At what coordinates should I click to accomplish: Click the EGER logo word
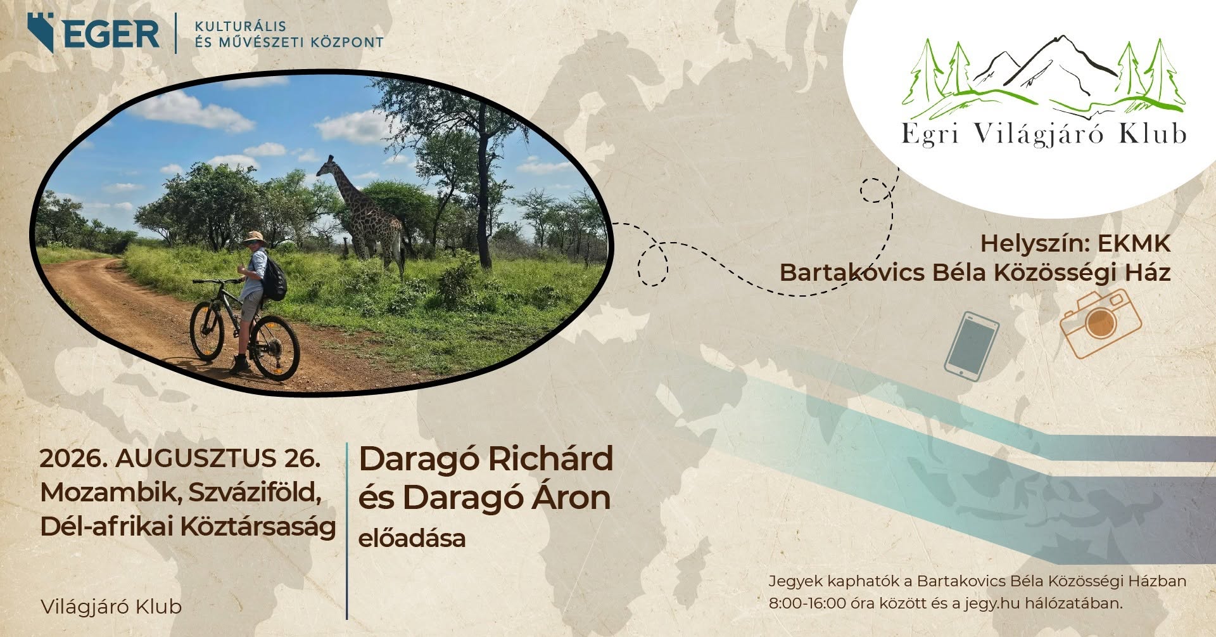pos(111,34)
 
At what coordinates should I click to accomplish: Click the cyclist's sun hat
pos(255,238)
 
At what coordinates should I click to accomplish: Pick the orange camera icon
pos(1101,323)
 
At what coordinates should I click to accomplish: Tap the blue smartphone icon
pos(972,345)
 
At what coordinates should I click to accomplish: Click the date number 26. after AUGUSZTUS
pos(302,458)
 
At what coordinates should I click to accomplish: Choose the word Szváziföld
pos(255,492)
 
